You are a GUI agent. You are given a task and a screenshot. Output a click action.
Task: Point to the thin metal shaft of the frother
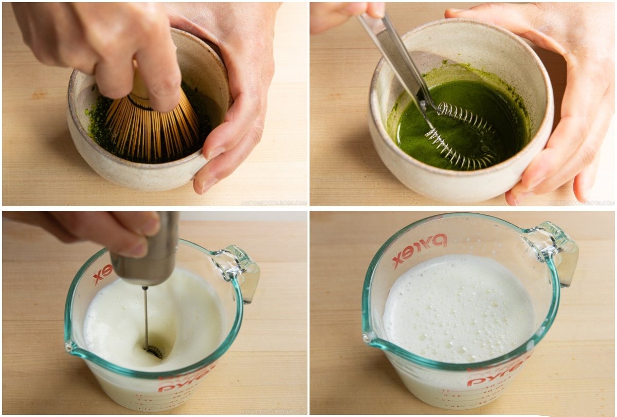pos(146,314)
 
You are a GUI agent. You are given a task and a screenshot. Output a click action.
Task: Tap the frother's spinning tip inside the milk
pos(153,351)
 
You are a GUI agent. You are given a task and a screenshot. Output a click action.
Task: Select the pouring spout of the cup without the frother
pos(368,337)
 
